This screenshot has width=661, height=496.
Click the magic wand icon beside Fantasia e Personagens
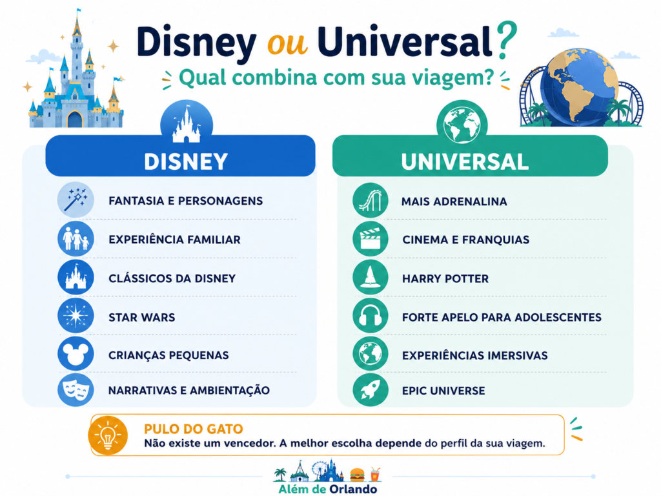(76, 200)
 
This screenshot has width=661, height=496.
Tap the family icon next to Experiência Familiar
(76, 239)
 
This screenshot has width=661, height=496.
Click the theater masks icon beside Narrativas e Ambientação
(76, 389)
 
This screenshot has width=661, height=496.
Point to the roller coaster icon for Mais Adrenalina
(370, 200)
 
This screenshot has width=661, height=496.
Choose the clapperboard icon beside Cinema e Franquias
(370, 239)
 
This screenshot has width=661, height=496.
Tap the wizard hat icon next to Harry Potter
(370, 277)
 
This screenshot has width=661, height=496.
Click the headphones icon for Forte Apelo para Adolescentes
(370, 316)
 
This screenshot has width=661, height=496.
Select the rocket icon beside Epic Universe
(370, 389)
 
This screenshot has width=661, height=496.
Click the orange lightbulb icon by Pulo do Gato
(108, 436)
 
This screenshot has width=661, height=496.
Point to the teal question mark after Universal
(506, 40)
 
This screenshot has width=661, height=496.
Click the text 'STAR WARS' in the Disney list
(141, 317)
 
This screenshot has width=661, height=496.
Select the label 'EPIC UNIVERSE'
(443, 391)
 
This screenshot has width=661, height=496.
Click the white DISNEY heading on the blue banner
(186, 161)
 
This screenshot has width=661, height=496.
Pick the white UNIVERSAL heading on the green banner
(465, 161)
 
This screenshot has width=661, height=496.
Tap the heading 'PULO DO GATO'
(194, 429)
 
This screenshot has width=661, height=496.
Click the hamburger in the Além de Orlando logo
(357, 475)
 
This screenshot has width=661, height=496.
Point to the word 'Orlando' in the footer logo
(353, 490)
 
